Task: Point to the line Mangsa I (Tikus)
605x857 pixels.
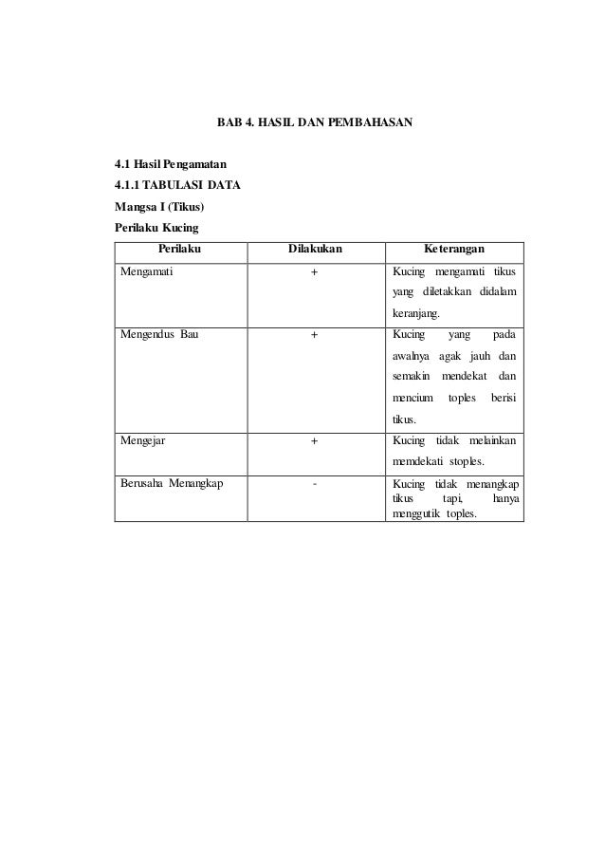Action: click(160, 207)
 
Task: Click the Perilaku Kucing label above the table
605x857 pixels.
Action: click(156, 228)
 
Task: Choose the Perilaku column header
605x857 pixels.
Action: click(180, 250)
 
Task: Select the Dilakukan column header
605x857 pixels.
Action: click(315, 250)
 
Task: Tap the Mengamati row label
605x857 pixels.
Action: click(146, 271)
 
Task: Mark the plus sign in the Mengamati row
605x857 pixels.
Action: click(315, 271)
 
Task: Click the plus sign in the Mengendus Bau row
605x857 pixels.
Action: click(315, 335)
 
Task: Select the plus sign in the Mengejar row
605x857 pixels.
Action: click(315, 441)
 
